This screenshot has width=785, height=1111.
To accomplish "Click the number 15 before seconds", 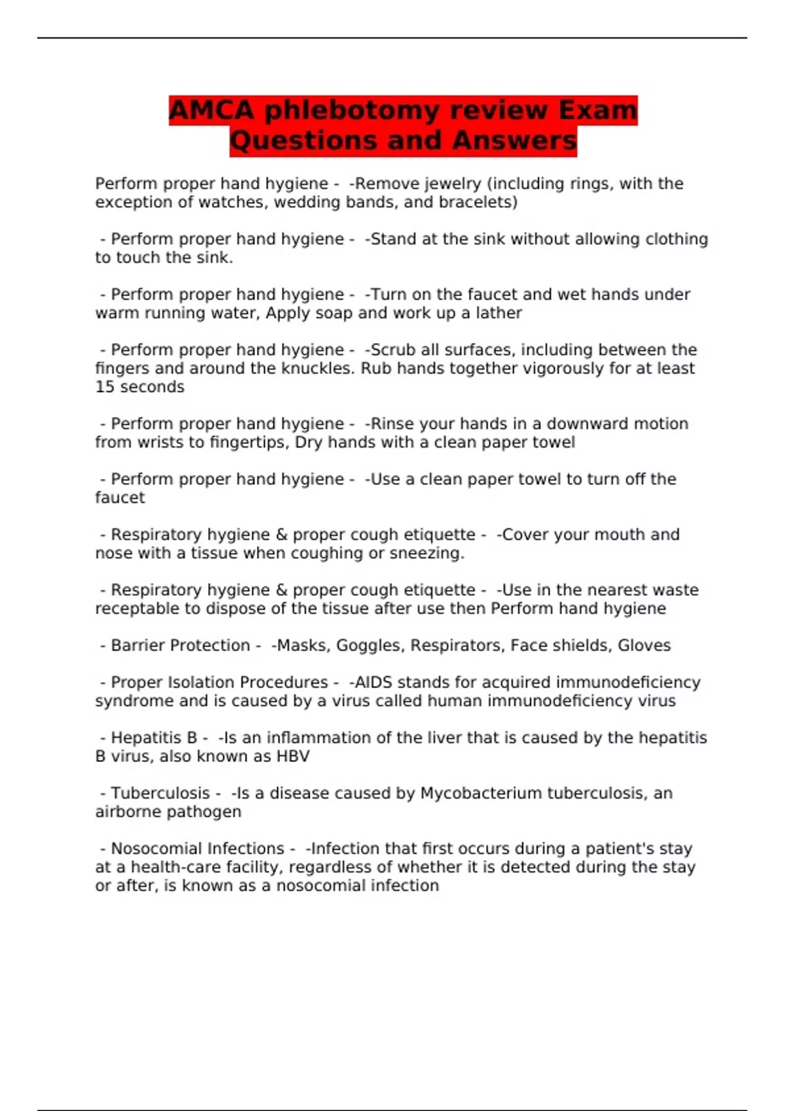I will click(105, 387).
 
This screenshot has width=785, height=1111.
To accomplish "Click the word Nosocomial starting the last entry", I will click(155, 849).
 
